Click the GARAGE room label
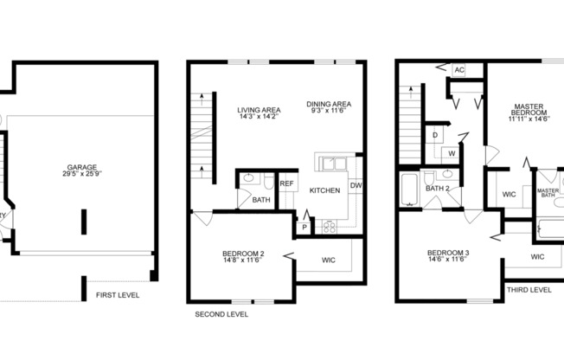coord(82,171)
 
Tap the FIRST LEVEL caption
coord(119,295)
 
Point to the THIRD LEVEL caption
coord(529,290)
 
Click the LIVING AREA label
coord(259,112)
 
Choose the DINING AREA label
coord(327,108)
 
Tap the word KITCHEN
coord(325,190)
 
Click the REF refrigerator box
coord(287,183)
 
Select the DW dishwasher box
coord(356,186)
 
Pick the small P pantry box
coord(304,227)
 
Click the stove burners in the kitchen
coord(330,228)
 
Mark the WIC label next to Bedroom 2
coord(329,259)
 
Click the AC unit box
coord(458,70)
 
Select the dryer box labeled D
coord(435,135)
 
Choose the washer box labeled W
coord(452,153)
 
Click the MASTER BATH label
coord(547,193)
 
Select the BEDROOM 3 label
coord(448,257)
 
